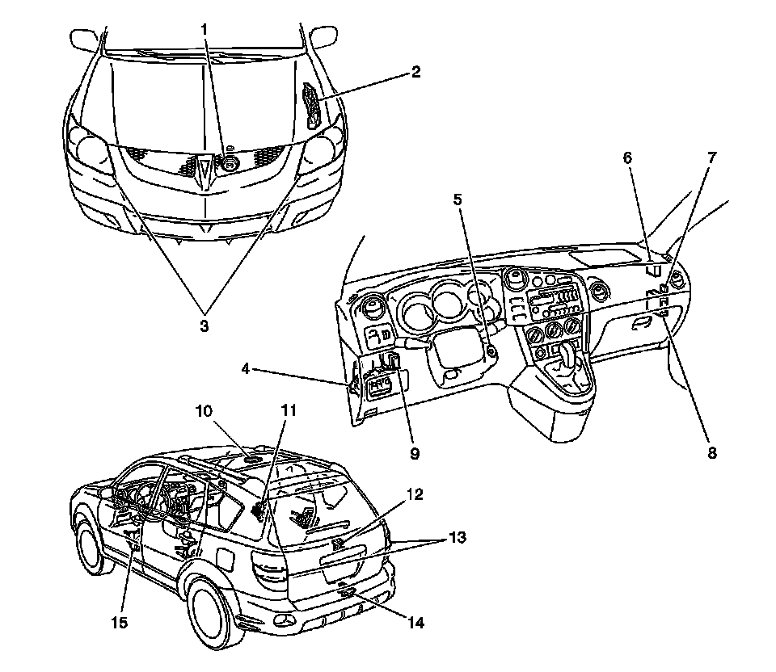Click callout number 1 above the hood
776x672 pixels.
(205, 30)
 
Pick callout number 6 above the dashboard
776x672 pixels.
(627, 159)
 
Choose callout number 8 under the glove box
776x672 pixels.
(711, 453)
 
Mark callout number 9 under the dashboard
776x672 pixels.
(414, 453)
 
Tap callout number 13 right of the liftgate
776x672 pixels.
(458, 537)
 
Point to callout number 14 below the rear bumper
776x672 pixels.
(417, 623)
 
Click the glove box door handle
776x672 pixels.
(643, 324)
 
